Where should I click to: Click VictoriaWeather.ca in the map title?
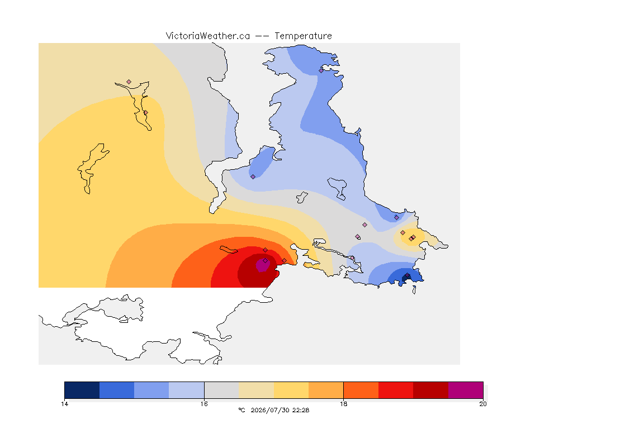[208, 36]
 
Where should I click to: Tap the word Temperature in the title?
[303, 36]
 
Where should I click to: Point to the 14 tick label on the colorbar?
[64, 404]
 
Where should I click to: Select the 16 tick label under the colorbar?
[204, 404]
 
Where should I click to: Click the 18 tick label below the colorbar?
[343, 404]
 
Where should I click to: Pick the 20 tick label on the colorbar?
[483, 404]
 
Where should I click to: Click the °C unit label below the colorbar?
[241, 410]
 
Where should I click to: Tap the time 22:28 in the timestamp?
[301, 410]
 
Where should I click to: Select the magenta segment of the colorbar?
[466, 390]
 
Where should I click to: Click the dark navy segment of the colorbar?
[82, 390]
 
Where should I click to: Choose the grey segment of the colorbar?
[221, 390]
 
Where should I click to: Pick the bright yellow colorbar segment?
[291, 390]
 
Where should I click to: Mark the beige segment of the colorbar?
[256, 390]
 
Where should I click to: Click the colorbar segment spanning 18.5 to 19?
[396, 390]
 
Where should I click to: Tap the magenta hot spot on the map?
[263, 265]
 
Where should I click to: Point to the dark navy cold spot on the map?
[406, 278]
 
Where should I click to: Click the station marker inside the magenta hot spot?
[266, 261]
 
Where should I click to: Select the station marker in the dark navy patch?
[408, 275]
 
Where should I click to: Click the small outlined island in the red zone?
[229, 250]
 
